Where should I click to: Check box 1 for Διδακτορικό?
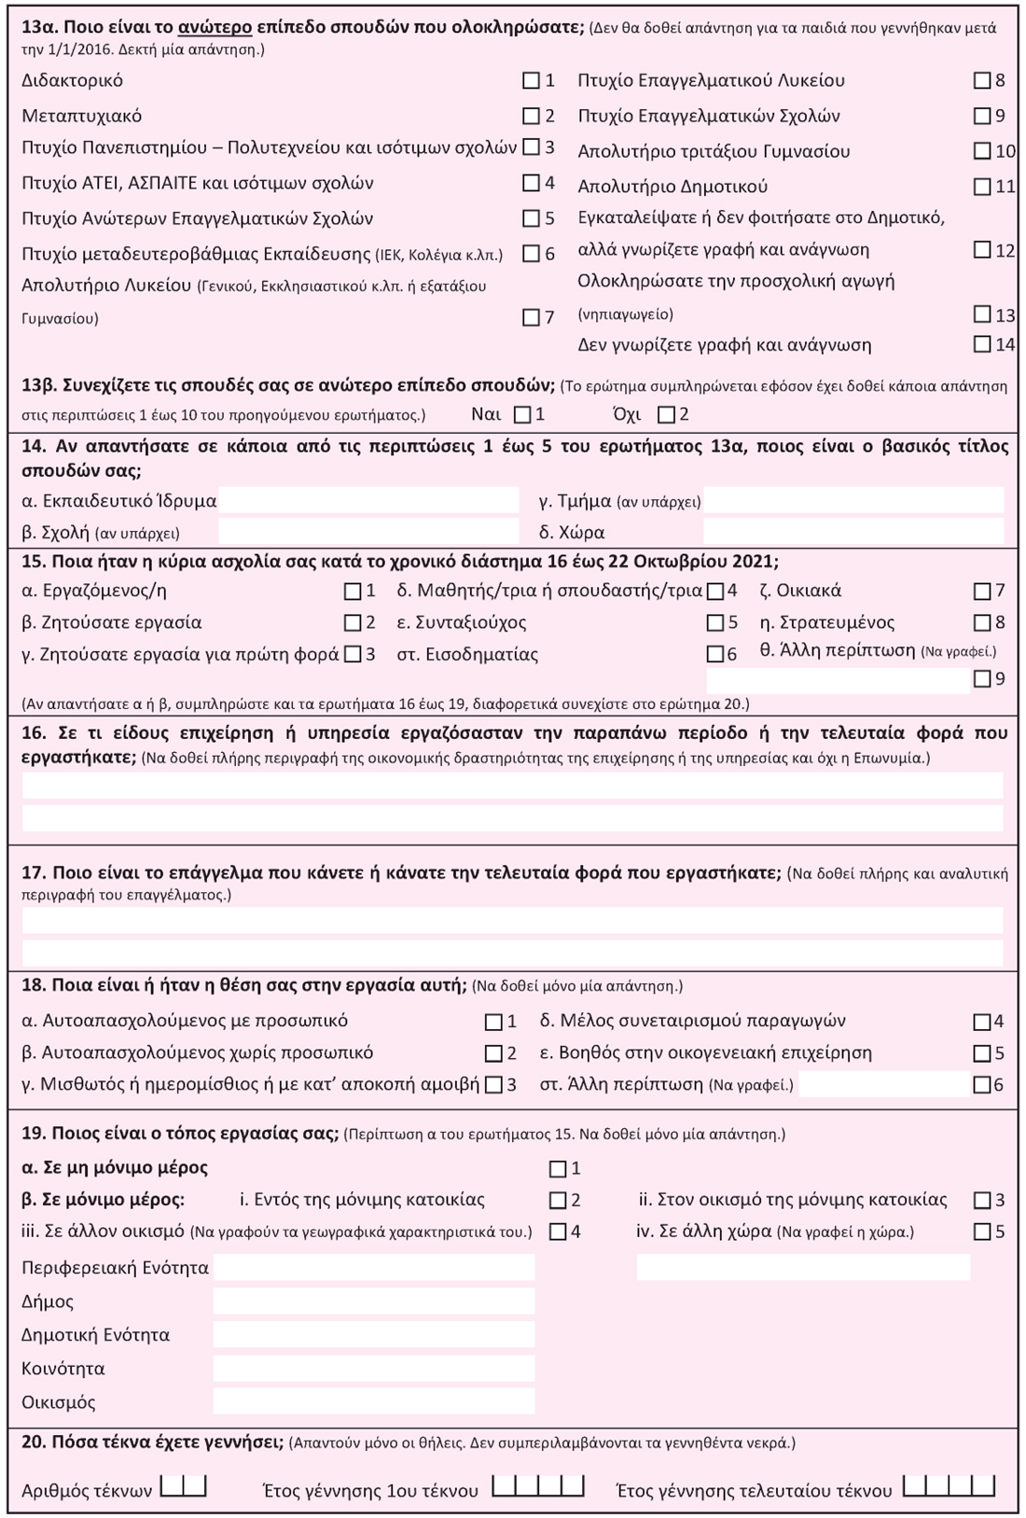[531, 81]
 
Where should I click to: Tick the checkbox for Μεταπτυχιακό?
[531, 117]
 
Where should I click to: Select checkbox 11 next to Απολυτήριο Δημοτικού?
[981, 187]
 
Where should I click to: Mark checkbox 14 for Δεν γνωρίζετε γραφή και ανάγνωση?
[981, 344]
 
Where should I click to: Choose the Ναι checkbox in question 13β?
[522, 414]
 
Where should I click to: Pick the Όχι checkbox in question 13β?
[666, 414]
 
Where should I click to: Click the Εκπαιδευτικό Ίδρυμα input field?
[368, 500]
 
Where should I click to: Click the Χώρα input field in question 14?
[853, 532]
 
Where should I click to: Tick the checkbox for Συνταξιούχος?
[715, 622]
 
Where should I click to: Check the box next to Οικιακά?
[981, 591]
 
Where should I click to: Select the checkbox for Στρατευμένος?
[981, 622]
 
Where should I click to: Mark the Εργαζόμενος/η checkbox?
[353, 591]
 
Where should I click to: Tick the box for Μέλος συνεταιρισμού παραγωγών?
[981, 1022]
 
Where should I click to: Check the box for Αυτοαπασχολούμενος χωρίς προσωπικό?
[493, 1053]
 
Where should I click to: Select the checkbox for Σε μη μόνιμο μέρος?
[558, 1168]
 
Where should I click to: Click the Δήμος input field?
[374, 1301]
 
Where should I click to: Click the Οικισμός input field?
[374, 1401]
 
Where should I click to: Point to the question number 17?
[34, 873]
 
